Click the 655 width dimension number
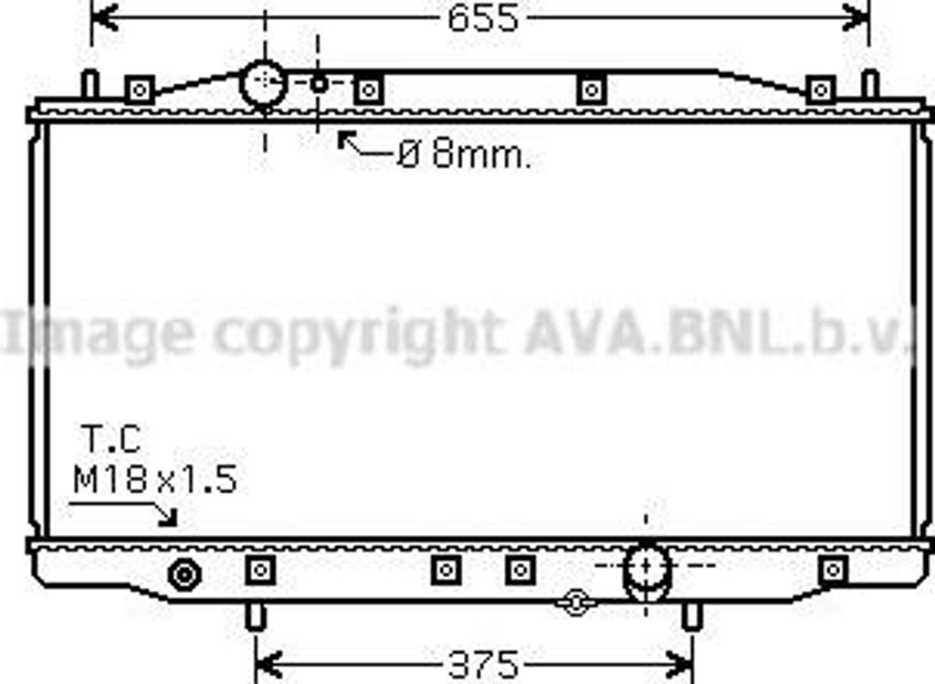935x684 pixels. click(483, 18)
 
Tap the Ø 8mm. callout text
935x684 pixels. click(464, 154)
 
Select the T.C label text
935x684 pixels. click(110, 439)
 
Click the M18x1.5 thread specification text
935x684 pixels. click(155, 479)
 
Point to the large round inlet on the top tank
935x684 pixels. click(263, 83)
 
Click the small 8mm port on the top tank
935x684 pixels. click(319, 84)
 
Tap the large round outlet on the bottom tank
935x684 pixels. click(646, 570)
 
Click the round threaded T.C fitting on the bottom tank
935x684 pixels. click(184, 575)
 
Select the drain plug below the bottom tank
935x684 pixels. click(575, 603)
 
